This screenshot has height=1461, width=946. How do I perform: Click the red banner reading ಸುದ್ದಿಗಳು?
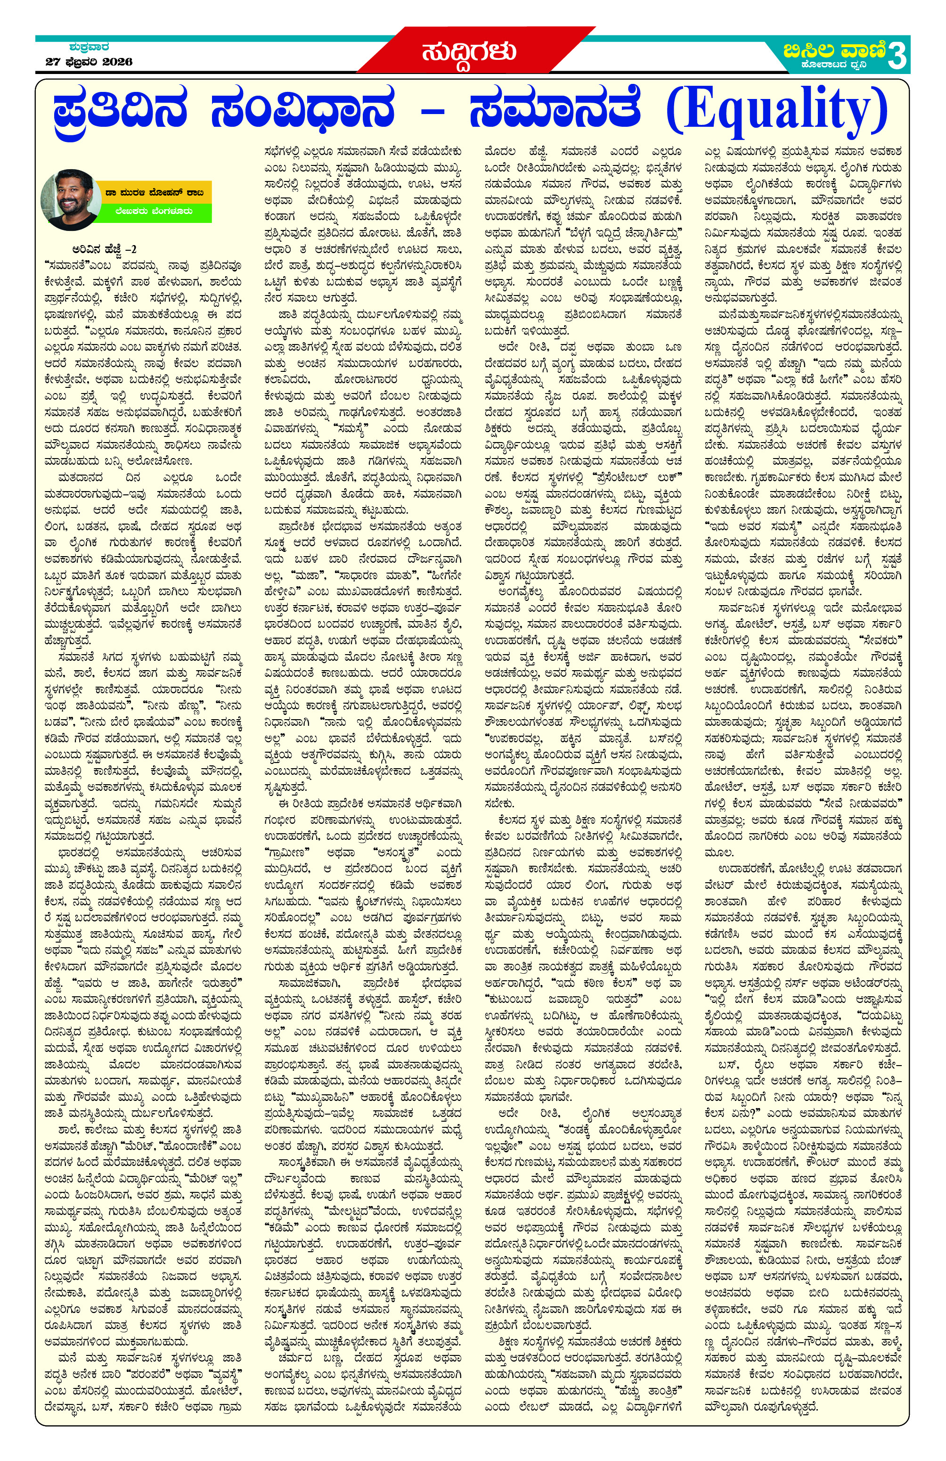468,51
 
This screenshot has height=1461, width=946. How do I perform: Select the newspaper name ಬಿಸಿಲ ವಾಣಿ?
834,49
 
